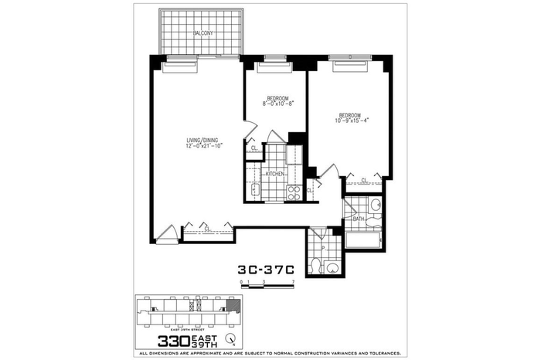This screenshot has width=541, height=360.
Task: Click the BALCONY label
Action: tap(202, 33)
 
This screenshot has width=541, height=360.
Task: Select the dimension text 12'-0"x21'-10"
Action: tap(204, 146)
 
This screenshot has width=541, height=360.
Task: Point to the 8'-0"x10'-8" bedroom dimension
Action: tap(278, 104)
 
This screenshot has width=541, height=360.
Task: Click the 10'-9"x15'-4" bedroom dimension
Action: tap(353, 120)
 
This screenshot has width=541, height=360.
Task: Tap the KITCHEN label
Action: tap(275, 175)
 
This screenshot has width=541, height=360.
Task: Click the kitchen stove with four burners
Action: tap(294, 193)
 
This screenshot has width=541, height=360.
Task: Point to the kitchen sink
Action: tap(255, 190)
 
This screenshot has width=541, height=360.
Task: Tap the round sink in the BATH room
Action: tap(375, 205)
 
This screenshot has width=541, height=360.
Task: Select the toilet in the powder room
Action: tap(315, 267)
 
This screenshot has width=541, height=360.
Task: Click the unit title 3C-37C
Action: tap(266, 270)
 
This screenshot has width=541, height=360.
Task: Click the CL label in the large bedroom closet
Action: tap(363, 180)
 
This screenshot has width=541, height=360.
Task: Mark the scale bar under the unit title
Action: tap(267, 285)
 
